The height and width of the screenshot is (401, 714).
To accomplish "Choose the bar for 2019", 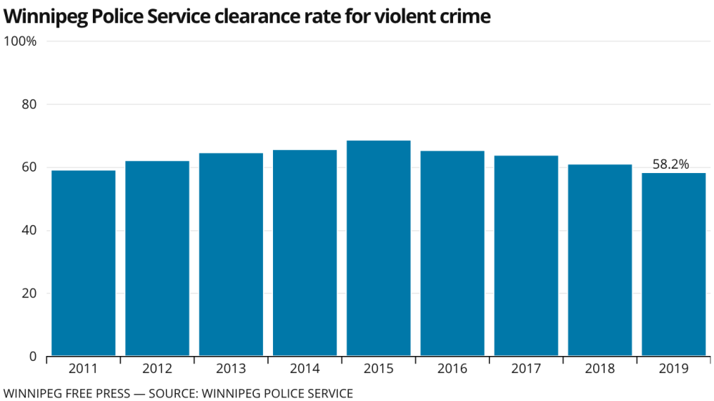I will tap(674, 264).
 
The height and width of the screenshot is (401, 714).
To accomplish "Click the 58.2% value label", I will tap(671, 164).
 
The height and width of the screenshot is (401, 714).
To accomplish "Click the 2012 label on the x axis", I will tap(157, 369).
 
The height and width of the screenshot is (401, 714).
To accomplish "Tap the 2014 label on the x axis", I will tap(305, 369).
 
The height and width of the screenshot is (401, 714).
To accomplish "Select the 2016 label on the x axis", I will tap(452, 369).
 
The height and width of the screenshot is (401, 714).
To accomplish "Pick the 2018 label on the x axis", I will tap(600, 369).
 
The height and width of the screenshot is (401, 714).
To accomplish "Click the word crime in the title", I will tap(467, 16).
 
